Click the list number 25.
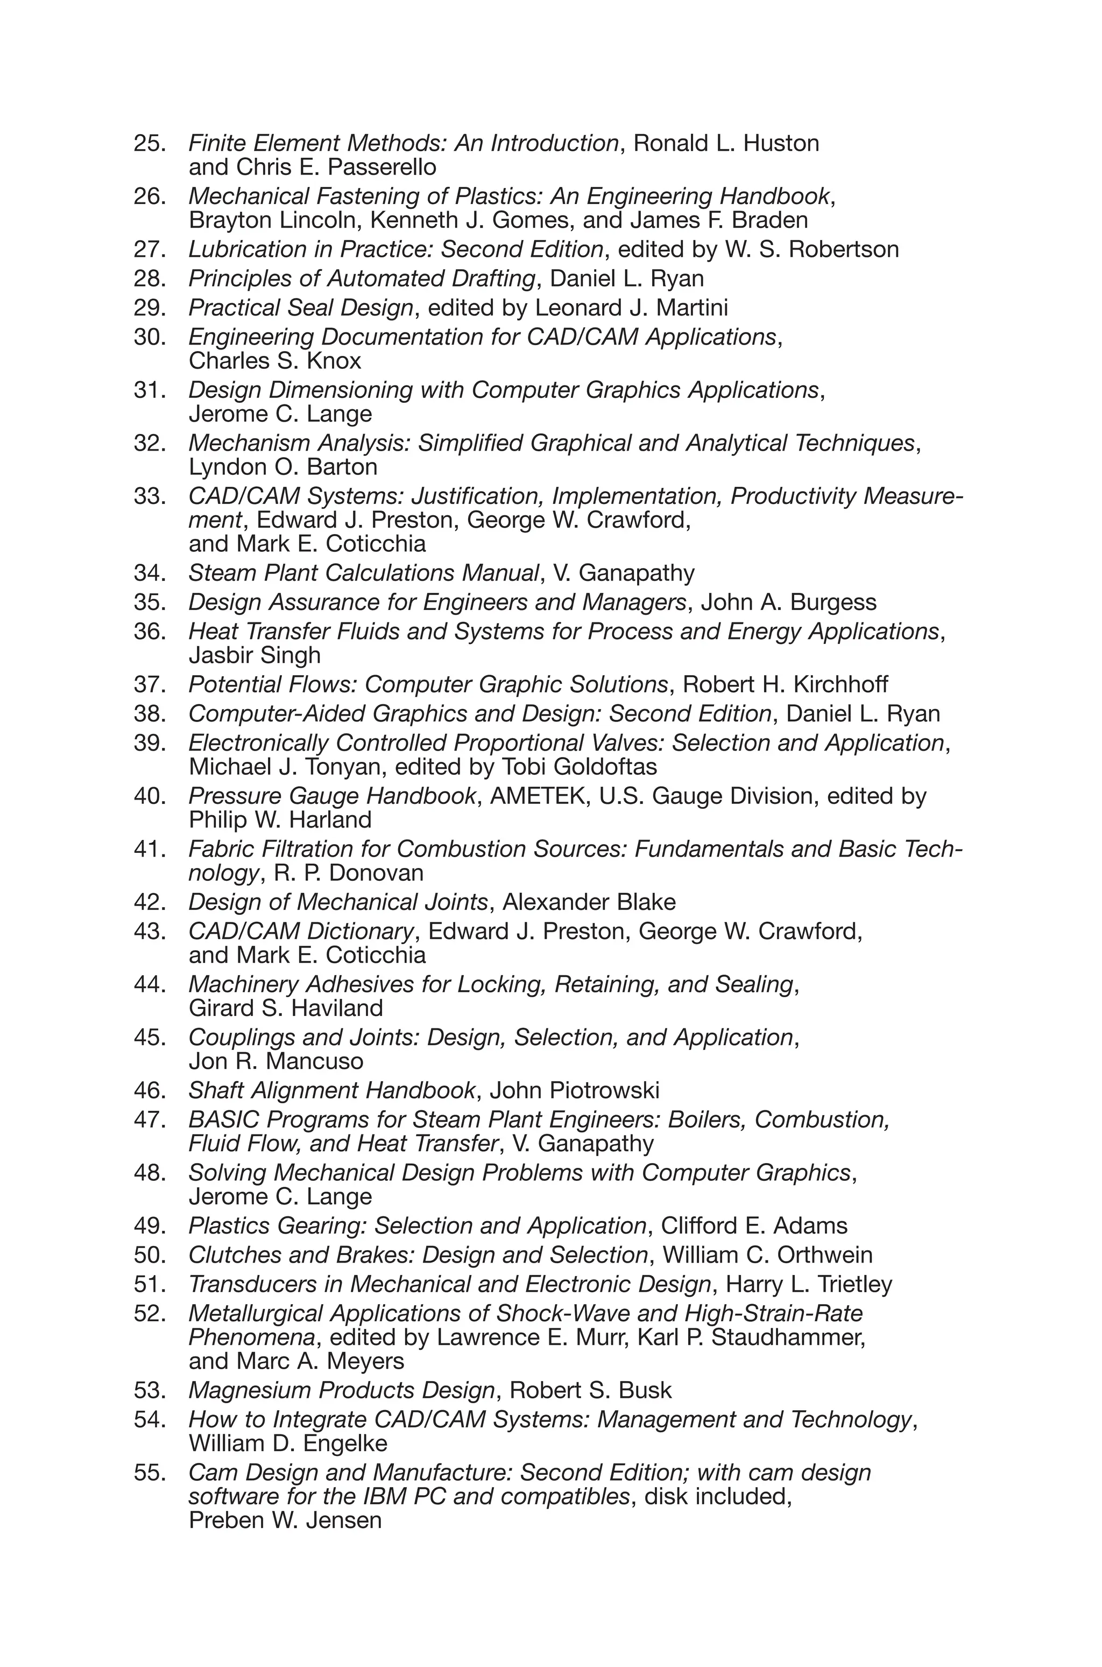point(150,143)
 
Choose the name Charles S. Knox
point(275,361)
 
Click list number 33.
point(150,496)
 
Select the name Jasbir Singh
point(255,655)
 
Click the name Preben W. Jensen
point(285,1521)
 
